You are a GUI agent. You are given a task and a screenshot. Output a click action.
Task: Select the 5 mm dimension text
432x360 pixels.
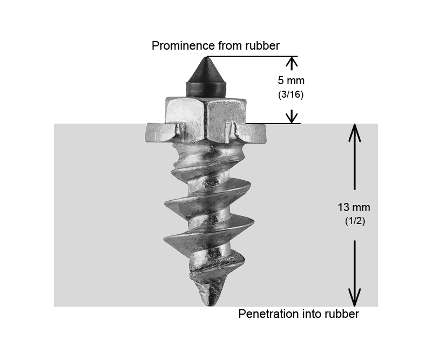coord(291,80)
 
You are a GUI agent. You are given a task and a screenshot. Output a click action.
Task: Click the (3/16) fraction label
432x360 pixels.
coord(291,94)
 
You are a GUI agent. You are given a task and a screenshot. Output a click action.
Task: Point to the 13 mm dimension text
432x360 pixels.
coord(354,207)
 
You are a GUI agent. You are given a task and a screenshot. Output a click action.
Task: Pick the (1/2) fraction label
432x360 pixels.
coord(355,221)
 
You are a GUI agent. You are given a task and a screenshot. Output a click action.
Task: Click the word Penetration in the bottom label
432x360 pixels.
coord(268,314)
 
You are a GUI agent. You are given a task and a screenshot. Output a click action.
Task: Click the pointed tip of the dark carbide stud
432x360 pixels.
coord(206,57)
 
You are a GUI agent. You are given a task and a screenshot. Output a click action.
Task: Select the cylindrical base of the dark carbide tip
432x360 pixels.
coord(206,89)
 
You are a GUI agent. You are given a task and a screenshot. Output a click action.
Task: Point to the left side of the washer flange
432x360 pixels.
coord(160,133)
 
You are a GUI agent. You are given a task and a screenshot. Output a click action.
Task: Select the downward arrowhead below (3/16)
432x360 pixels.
coord(292,117)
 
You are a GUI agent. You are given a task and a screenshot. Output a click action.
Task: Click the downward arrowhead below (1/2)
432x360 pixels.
coord(355,297)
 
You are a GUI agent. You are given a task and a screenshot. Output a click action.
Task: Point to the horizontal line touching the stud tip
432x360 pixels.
coord(252,57)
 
